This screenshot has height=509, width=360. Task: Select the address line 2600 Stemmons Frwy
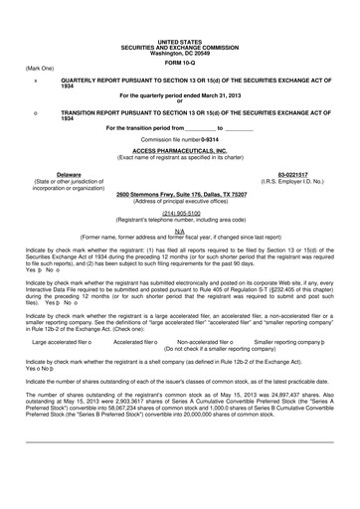coord(179,194)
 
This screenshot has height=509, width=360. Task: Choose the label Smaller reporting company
coord(290,341)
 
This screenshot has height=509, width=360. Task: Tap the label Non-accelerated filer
coord(203,341)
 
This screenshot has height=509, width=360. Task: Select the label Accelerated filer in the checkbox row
coord(137,341)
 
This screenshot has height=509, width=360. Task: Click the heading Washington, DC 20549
coord(179,51)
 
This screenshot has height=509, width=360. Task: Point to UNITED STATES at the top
coord(179,41)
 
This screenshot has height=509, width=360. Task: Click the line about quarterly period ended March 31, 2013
coord(179,94)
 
